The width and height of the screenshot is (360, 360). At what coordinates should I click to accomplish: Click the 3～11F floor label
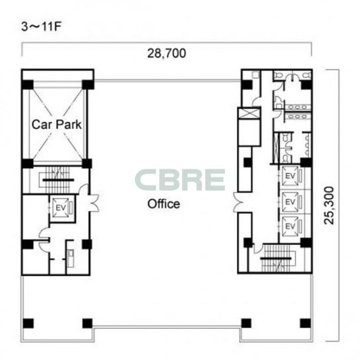(x=41, y=26)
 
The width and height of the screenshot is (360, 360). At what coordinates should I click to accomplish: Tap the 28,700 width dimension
(x=167, y=53)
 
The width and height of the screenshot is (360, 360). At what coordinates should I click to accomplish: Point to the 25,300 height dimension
(x=329, y=205)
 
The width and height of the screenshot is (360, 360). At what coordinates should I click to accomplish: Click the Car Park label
(x=56, y=124)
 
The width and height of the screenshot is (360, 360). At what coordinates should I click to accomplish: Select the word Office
(x=163, y=204)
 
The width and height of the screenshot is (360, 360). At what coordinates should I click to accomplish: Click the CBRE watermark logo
(x=180, y=180)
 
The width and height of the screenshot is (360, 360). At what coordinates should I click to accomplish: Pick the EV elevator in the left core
(x=61, y=208)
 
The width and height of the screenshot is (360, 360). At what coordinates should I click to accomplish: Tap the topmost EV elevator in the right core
(x=291, y=176)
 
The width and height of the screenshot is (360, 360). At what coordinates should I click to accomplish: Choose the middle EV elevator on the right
(x=291, y=202)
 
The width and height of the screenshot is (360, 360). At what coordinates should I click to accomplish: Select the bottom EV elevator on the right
(x=291, y=226)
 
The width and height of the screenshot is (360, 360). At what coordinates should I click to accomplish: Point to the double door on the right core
(x=238, y=202)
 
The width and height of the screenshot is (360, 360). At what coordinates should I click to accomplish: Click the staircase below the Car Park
(x=58, y=180)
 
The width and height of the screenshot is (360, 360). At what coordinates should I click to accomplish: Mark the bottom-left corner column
(x=28, y=324)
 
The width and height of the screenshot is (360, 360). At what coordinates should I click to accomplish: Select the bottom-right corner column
(x=306, y=324)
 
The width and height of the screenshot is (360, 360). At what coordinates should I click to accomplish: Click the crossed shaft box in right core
(x=249, y=114)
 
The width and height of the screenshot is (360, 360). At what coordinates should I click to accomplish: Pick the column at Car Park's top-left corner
(x=28, y=85)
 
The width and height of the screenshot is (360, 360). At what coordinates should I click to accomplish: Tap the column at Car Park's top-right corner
(x=88, y=85)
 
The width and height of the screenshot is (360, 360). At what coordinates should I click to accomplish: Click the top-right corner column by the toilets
(x=306, y=85)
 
